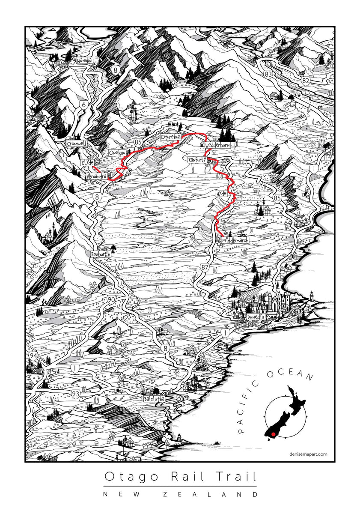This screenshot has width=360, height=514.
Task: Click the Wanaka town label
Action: pos(84,61)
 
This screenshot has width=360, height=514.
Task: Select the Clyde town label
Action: pos(87,163)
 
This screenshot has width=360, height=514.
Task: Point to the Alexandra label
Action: pos(97,176)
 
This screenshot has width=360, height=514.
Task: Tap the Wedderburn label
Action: pos(217,146)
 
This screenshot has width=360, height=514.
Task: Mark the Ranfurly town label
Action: pos(197,159)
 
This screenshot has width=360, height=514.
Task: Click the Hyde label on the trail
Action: pos(221,194)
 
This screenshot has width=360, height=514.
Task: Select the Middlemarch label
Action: pos(235,241)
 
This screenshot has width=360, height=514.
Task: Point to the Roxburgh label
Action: pos(101,254)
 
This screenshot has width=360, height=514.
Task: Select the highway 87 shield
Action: pos(204,268)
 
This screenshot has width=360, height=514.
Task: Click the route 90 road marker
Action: pos(111,299)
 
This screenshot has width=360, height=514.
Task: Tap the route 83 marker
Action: pos(268,74)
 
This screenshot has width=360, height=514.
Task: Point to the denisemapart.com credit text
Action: pos(308,454)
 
